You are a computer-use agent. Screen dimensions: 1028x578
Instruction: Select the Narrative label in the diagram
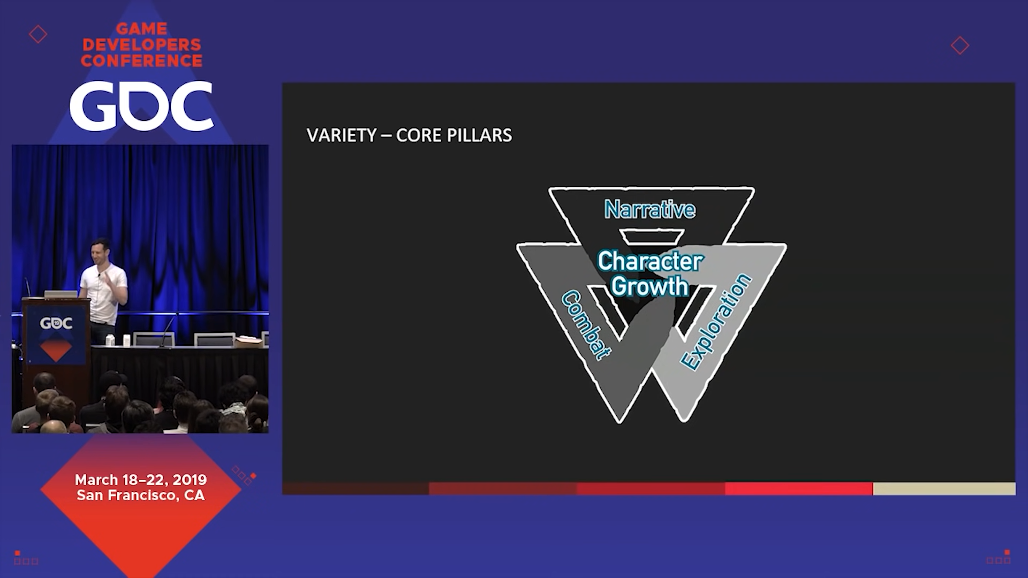(649, 209)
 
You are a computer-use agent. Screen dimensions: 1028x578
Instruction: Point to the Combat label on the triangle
(586, 325)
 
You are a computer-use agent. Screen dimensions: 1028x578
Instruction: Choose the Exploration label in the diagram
(716, 322)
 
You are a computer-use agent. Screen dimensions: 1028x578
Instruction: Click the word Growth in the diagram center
(649, 286)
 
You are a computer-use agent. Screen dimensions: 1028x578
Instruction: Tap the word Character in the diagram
(650, 261)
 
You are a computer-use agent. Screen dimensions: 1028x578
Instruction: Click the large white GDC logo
(141, 105)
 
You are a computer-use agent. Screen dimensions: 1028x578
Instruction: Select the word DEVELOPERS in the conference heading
(142, 44)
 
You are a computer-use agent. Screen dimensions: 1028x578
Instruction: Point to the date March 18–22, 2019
(141, 480)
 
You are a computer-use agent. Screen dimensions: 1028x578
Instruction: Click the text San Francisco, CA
(141, 495)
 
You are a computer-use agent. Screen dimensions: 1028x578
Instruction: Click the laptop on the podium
(61, 294)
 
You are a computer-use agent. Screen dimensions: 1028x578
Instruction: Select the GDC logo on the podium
(56, 323)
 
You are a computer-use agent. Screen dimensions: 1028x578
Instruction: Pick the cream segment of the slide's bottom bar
(944, 489)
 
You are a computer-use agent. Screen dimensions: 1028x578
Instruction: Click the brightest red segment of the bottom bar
(799, 489)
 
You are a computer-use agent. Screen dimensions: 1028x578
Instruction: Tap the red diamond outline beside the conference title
(38, 34)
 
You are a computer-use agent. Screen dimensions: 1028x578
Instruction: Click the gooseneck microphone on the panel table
(168, 326)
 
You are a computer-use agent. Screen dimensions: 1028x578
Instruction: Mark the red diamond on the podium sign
(56, 349)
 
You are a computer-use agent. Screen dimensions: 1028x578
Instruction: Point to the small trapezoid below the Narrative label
(652, 236)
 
